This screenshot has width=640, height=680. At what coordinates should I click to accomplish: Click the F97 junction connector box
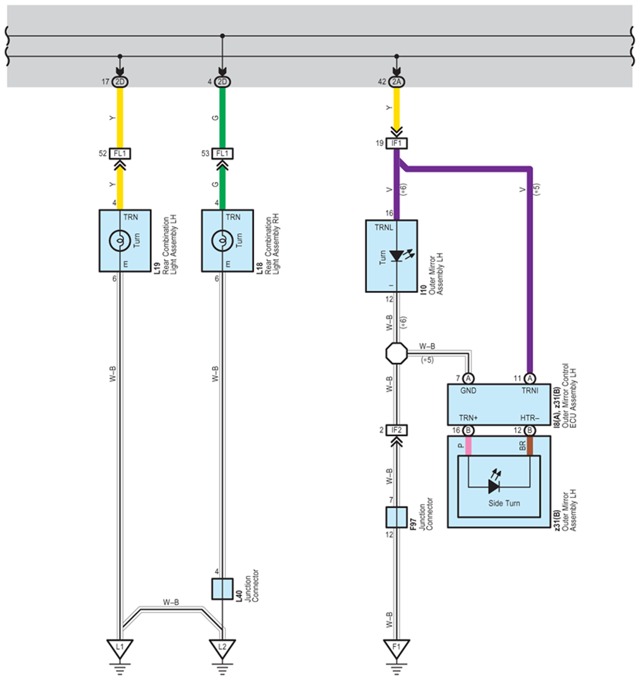(396, 517)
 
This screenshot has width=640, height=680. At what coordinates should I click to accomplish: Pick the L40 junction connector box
(222, 589)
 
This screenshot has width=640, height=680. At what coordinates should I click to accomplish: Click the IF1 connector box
(396, 143)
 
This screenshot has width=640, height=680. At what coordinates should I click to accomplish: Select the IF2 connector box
(396, 430)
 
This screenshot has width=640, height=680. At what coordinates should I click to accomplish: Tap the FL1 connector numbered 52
(120, 153)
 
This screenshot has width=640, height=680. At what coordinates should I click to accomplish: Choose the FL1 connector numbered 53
(222, 153)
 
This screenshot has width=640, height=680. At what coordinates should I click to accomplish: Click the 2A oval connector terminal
(396, 82)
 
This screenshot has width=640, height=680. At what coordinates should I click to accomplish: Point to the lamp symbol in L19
(120, 241)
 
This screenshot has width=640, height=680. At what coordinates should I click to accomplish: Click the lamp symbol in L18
(222, 241)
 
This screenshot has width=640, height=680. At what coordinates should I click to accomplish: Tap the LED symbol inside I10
(400, 256)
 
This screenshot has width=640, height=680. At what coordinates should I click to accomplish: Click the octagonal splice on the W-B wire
(396, 353)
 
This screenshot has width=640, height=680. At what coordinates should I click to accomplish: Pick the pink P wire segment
(469, 446)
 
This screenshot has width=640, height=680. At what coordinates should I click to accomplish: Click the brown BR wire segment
(529, 446)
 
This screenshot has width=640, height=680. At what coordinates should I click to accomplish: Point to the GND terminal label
(468, 391)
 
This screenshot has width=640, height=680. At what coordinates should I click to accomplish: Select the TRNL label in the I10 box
(384, 227)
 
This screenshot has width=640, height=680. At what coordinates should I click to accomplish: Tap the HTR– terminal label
(529, 418)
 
